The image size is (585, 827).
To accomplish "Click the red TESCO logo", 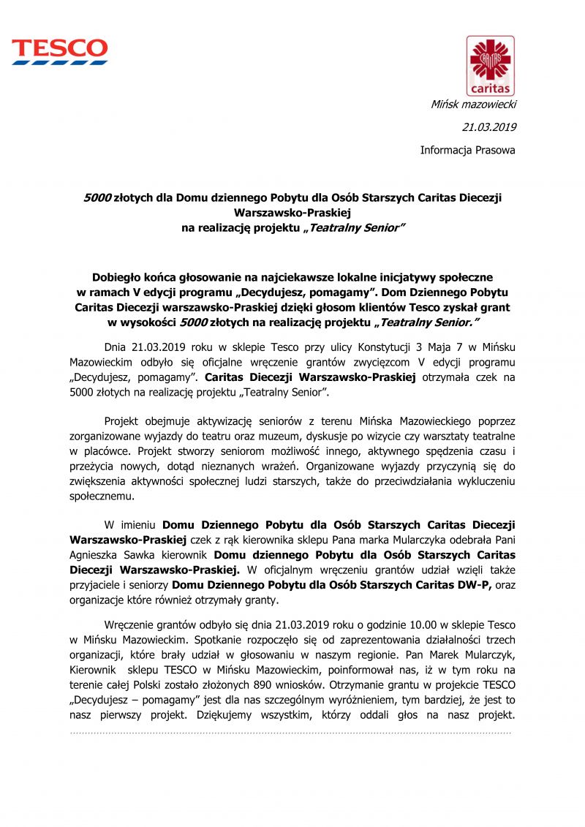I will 59,51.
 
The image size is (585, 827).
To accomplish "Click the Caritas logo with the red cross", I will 490,65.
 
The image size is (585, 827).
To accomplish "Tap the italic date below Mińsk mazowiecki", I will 489,127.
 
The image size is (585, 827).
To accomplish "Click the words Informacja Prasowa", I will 467,150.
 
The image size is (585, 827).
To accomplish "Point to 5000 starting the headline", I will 97,197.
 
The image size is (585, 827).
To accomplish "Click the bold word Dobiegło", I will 118,277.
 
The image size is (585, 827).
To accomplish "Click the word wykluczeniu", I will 480,481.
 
